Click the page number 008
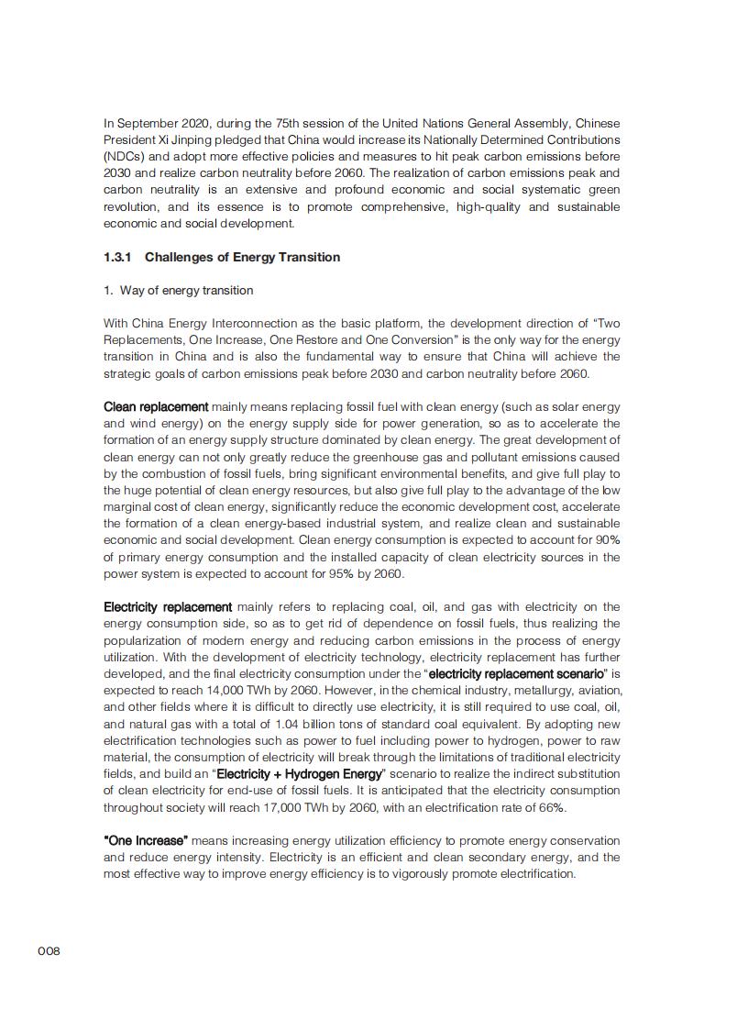click(x=49, y=951)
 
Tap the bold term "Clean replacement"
click(x=156, y=407)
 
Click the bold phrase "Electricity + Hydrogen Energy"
click(x=299, y=774)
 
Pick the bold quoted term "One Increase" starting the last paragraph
click(x=146, y=841)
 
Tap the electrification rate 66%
click(x=553, y=808)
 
